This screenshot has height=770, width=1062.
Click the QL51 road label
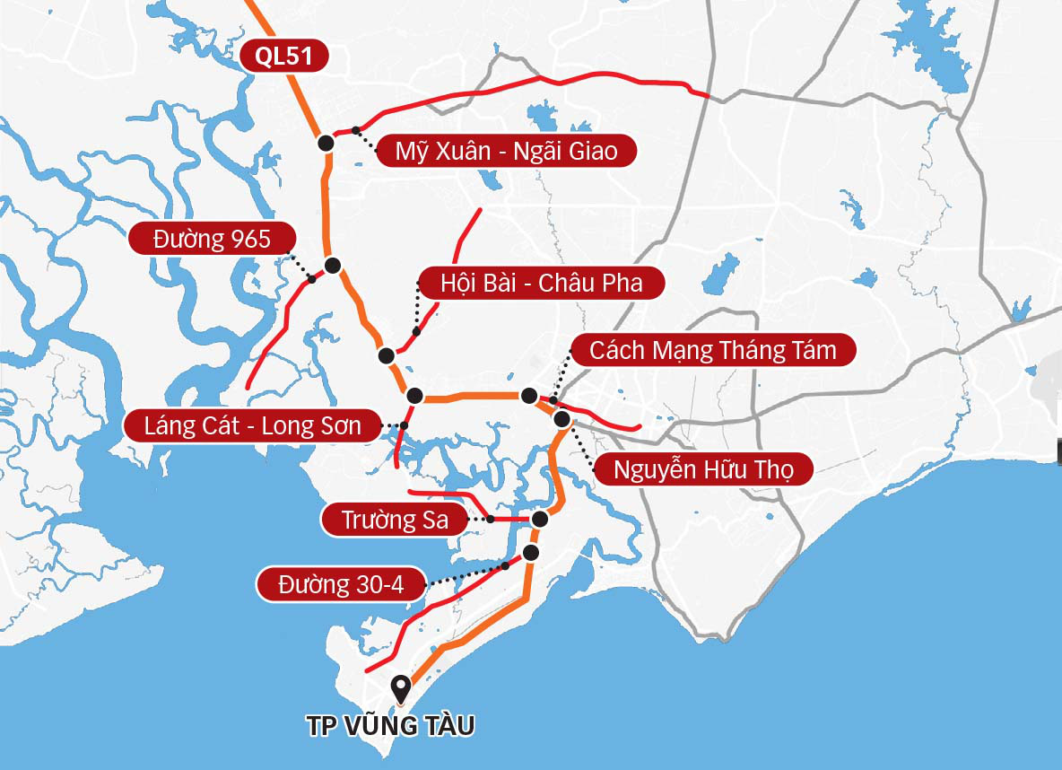tap(283, 56)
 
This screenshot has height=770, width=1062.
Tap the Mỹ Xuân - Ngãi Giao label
tap(506, 151)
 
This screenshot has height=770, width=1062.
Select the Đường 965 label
tap(212, 239)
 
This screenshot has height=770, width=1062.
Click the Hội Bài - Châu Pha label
tap(542, 284)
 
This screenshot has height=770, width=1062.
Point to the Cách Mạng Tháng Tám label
tap(712, 350)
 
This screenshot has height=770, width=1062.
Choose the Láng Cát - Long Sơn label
tap(252, 426)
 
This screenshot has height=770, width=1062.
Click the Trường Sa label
tap(395, 520)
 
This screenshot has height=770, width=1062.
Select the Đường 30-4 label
tap(341, 585)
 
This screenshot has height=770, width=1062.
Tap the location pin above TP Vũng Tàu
tap(402, 689)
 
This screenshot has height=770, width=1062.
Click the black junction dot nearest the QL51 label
tap(326, 143)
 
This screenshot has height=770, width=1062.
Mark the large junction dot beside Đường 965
tap(333, 265)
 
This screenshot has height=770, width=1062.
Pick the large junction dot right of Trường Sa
tap(540, 519)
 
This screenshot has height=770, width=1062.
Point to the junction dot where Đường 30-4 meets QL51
tap(531, 552)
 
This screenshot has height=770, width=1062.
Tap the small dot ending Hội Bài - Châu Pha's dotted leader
tap(416, 331)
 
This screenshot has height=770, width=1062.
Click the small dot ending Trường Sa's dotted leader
tap(491, 519)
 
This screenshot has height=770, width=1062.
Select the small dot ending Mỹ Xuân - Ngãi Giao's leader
tap(356, 129)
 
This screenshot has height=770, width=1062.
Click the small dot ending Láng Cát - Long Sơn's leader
tap(405, 425)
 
